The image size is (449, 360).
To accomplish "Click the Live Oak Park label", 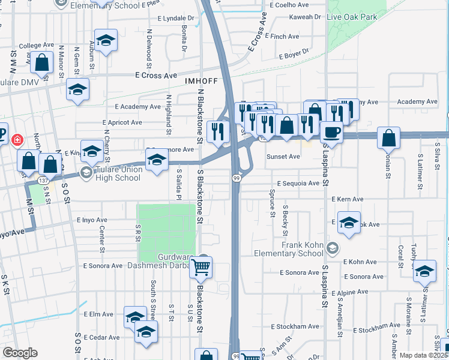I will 352,17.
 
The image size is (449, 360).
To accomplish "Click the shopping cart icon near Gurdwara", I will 201,269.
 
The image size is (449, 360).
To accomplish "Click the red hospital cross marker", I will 17,140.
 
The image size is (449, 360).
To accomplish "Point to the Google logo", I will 19,353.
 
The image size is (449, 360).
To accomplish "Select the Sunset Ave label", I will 283,157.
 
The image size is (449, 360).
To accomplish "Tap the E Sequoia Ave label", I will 297,183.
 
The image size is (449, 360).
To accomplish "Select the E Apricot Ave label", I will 124,122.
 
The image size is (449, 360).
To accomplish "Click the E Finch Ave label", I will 285,37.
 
